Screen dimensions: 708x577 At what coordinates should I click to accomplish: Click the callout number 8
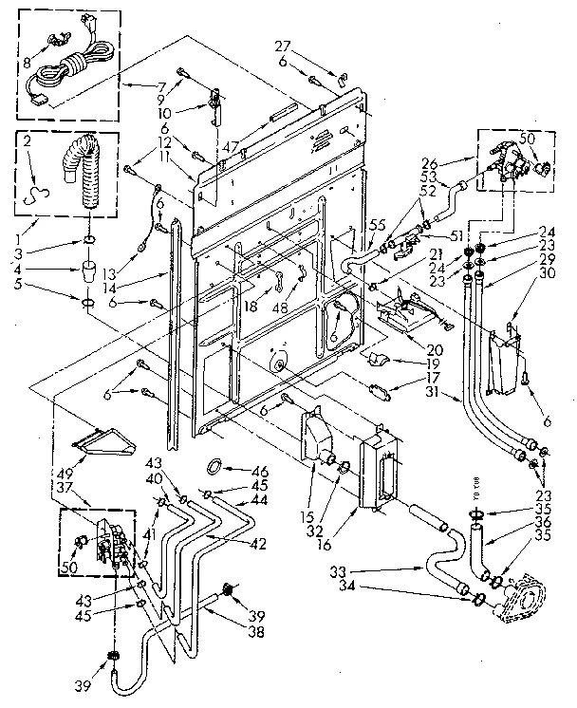point(28,65)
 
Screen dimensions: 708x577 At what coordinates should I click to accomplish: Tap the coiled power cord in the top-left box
point(71,66)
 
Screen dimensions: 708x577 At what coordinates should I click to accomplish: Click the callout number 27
point(281,45)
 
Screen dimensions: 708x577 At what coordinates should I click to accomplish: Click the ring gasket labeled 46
point(215,466)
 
